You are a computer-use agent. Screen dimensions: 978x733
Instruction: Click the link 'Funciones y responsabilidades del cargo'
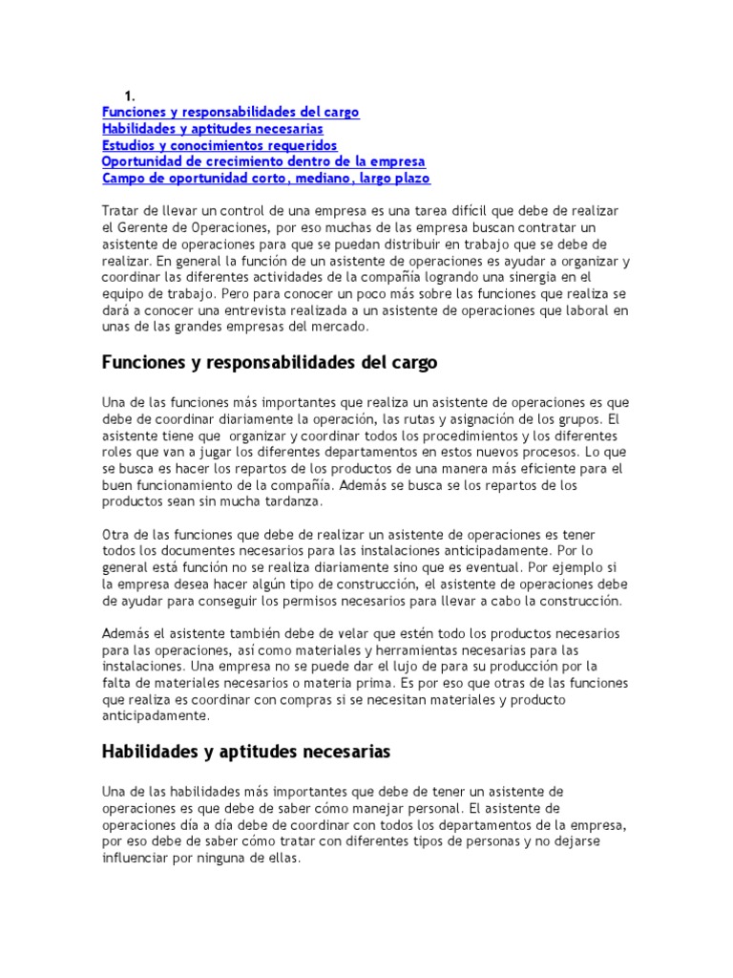pyautogui.click(x=230, y=112)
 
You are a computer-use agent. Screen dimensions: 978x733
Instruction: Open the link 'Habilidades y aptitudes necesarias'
pyautogui.click(x=212, y=128)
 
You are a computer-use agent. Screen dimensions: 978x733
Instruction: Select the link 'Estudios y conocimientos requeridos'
pyautogui.click(x=220, y=145)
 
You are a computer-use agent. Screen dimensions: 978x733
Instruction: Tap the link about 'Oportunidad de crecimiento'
pyautogui.click(x=263, y=161)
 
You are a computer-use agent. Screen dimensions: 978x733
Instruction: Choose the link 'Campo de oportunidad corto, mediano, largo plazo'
pyautogui.click(x=265, y=178)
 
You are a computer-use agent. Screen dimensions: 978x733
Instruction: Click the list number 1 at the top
pyautogui.click(x=127, y=96)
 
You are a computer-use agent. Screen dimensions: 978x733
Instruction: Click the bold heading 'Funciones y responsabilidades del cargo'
pyautogui.click(x=270, y=363)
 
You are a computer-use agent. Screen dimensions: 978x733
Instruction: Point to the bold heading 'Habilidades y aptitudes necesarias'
pyautogui.click(x=246, y=752)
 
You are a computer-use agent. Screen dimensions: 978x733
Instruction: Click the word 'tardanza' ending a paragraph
pyautogui.click(x=294, y=500)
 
